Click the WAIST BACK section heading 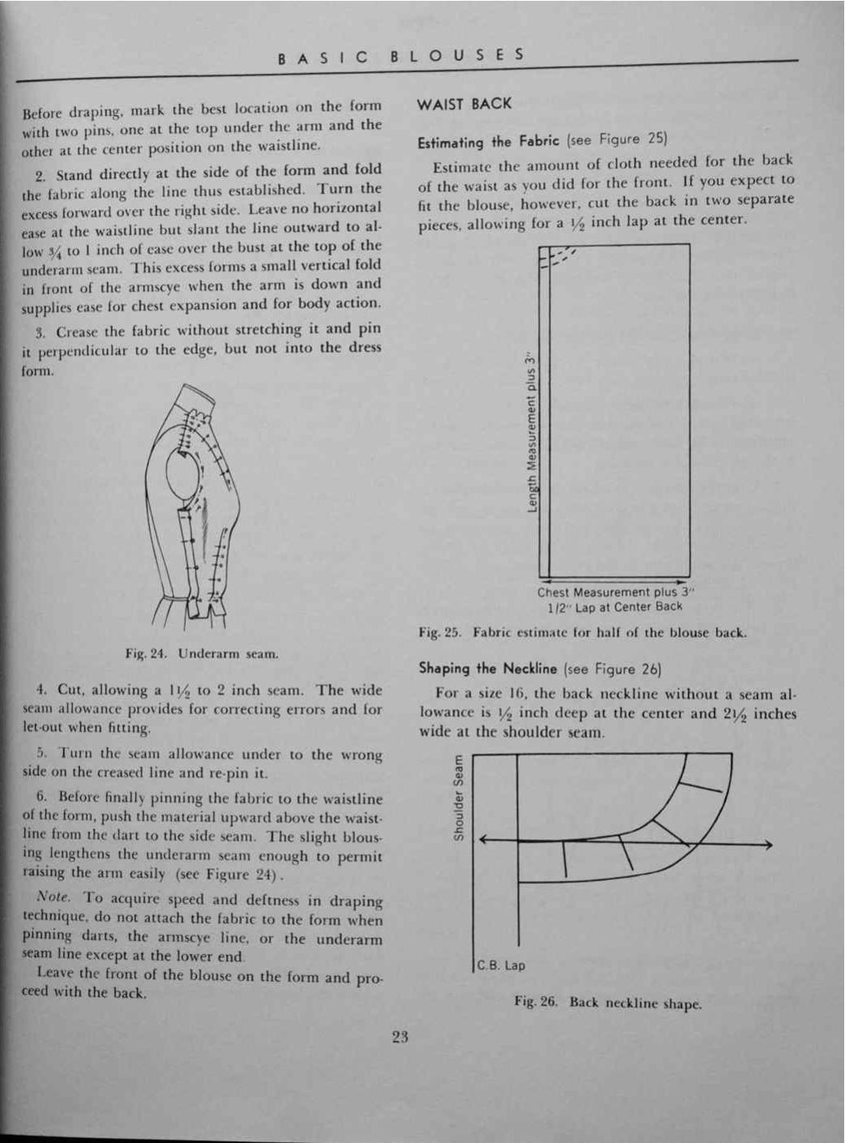(464, 104)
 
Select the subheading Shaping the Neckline (488, 669)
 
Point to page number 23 (399, 1036)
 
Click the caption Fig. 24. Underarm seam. (202, 653)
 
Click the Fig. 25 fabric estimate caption (583, 633)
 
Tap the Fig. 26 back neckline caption (608, 1003)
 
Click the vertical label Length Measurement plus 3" (532, 433)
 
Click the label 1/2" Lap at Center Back (615, 607)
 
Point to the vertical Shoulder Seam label (459, 798)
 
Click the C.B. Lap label (501, 965)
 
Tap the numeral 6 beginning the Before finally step (41, 798)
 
